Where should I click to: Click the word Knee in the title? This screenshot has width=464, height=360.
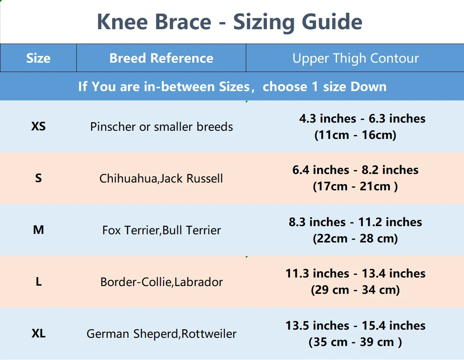122,22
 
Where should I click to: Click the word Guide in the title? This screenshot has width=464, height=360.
332,23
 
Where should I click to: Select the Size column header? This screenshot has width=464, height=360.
39,58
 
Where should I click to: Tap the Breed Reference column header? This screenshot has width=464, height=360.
161,58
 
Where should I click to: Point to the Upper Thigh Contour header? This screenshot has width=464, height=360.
355,58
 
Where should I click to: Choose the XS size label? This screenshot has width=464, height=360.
39,126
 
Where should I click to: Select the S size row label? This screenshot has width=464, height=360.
39,178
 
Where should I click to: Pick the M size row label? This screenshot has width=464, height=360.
39,230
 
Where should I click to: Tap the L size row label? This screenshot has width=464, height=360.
39,282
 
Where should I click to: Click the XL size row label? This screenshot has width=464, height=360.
39,334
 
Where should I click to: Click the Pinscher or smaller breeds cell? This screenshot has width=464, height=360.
162,127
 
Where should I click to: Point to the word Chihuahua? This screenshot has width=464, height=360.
129,179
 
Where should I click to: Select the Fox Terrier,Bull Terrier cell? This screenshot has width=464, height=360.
162,230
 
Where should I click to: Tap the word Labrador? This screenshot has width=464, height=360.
199,282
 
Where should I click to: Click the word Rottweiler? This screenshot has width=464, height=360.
209,334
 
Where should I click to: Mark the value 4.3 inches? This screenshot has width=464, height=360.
328,119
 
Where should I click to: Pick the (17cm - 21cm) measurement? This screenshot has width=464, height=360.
355,186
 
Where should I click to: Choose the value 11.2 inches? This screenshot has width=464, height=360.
390,222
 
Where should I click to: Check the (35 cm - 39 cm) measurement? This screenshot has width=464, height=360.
355,342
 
